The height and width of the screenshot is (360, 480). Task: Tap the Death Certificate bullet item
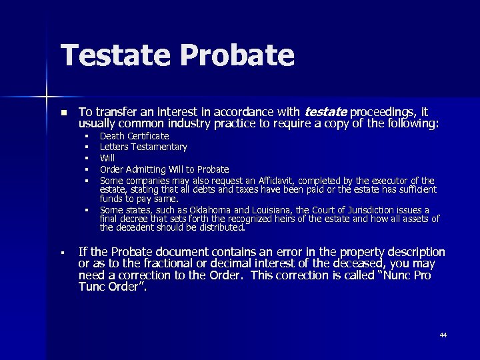click(x=134, y=136)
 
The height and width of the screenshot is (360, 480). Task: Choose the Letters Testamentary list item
click(x=143, y=147)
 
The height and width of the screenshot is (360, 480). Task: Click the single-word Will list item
click(x=107, y=158)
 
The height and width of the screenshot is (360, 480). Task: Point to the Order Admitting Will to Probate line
click(x=164, y=169)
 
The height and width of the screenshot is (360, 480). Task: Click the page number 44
click(x=443, y=335)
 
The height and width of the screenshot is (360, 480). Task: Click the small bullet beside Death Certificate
click(x=87, y=137)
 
